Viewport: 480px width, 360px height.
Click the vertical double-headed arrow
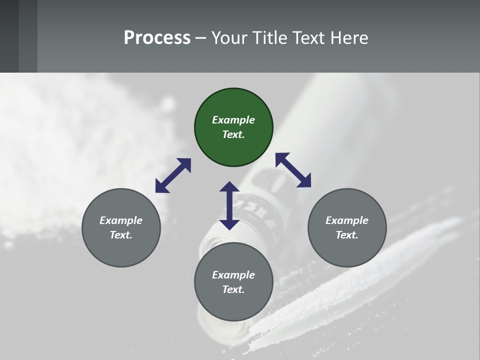click(x=229, y=205)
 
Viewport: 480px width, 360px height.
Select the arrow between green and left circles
click(x=173, y=175)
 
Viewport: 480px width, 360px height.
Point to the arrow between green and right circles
click(x=293, y=170)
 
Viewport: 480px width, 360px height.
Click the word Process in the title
click(x=157, y=37)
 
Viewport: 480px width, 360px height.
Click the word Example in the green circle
click(x=233, y=120)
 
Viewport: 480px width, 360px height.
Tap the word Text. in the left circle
click(x=121, y=235)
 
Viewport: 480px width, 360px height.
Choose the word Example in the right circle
click(x=347, y=220)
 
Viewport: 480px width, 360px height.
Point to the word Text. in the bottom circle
click(x=233, y=289)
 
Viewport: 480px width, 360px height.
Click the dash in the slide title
click(x=201, y=38)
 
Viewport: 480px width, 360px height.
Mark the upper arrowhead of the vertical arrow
click(x=229, y=187)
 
